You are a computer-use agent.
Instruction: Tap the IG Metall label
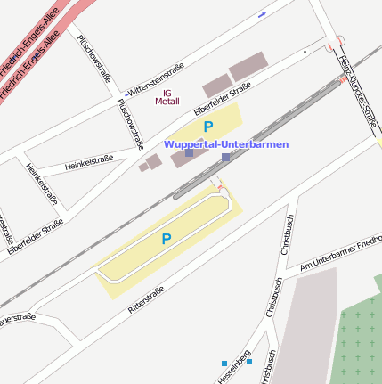coord(167,97)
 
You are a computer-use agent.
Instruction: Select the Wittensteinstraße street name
coord(156,79)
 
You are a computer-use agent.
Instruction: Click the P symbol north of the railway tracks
coord(208,127)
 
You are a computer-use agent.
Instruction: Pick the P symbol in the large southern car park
coord(166,239)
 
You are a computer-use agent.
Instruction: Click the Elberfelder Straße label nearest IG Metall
coord(223,100)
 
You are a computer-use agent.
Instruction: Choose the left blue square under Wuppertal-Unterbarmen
coord(189,153)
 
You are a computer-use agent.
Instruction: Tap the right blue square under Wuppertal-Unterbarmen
coord(225,157)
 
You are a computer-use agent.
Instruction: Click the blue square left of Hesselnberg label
coord(224,363)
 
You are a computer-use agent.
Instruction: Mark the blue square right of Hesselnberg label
coord(249,362)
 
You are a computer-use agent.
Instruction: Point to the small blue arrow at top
coord(262,14)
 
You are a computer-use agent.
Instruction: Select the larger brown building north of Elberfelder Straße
coord(248,66)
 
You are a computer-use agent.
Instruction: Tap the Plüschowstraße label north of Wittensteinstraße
coord(94,58)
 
